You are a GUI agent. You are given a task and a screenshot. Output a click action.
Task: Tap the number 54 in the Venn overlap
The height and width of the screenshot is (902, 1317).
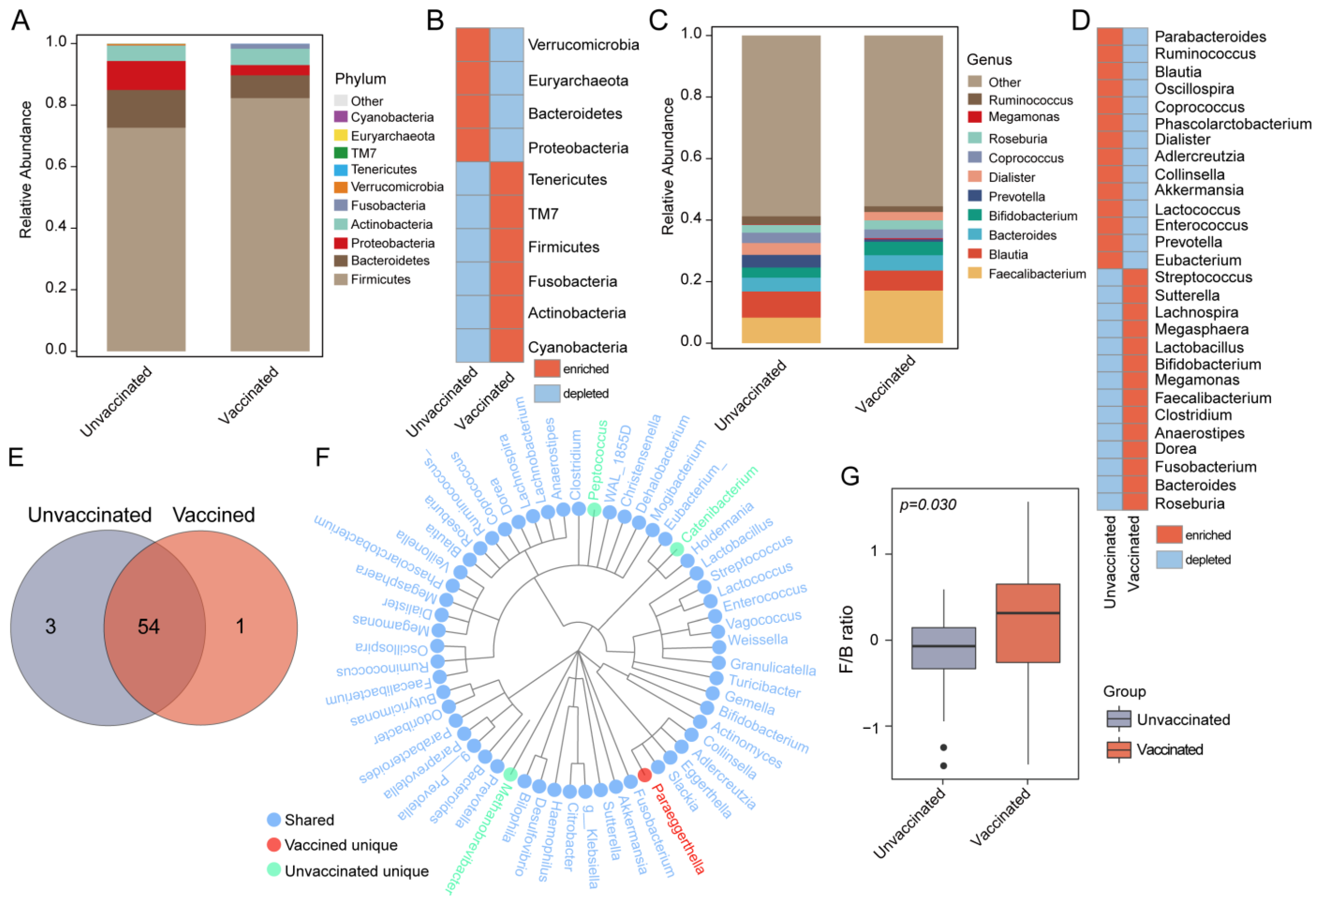(x=149, y=627)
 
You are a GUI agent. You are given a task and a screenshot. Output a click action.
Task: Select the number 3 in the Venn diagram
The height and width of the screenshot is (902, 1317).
(x=51, y=627)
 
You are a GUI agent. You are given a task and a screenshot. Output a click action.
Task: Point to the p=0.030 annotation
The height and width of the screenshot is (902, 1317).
(x=928, y=505)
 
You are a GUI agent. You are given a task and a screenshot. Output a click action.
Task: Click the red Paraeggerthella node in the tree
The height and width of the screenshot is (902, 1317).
(x=644, y=774)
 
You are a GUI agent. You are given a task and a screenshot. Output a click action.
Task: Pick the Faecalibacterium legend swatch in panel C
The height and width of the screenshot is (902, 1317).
(x=975, y=273)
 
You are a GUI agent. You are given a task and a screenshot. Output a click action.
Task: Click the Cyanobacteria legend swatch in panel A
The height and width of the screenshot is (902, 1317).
(x=340, y=117)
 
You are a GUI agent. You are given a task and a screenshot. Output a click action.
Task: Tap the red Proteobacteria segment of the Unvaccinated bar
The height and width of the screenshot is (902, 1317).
(x=146, y=76)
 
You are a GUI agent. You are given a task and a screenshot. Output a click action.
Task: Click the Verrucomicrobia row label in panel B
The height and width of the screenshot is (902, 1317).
(x=583, y=45)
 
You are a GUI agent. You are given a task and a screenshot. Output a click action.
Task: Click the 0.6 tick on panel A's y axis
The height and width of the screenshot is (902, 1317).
(x=56, y=165)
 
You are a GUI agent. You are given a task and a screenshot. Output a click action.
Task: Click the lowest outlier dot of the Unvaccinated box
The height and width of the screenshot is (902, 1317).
(x=943, y=766)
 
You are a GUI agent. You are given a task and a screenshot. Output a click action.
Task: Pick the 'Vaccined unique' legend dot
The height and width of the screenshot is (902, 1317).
(x=274, y=845)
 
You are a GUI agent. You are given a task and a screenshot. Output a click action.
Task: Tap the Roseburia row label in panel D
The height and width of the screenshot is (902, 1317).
(x=1189, y=503)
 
